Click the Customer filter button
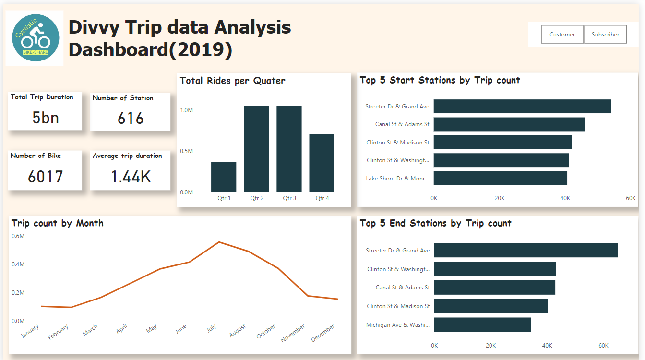pyautogui.click(x=562, y=35)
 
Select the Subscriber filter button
pyautogui.click(x=605, y=35)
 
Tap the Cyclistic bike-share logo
pyautogui.click(x=36, y=38)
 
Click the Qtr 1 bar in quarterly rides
pyautogui.click(x=224, y=177)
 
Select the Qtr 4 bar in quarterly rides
pyautogui.click(x=322, y=163)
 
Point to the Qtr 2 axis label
pyautogui.click(x=257, y=198)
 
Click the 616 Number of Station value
pyautogui.click(x=131, y=118)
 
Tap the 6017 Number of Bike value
pyautogui.click(x=46, y=177)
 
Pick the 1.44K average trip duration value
pyautogui.click(x=131, y=177)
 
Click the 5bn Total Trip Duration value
pyautogui.click(x=46, y=118)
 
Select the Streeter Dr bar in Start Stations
pyautogui.click(x=522, y=107)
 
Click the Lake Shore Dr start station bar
pyautogui.click(x=500, y=178)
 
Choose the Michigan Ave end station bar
pyautogui.click(x=482, y=324)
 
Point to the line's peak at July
pyautogui.click(x=219, y=242)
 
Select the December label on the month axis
pyautogui.click(x=323, y=334)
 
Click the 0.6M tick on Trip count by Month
pyautogui.click(x=18, y=236)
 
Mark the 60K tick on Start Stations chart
pyautogui.click(x=630, y=198)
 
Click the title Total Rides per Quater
pyautogui.click(x=232, y=81)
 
